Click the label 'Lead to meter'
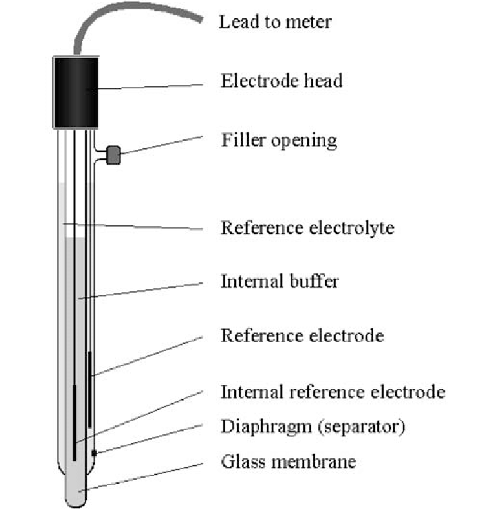pos(275,22)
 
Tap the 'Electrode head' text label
pos(281,81)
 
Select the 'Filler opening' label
pos(279,140)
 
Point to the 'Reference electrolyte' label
pos(307,228)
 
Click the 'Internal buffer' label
pos(279,281)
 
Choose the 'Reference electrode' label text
pos(302,335)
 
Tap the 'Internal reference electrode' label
pos(332,391)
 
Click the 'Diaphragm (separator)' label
pos(313,427)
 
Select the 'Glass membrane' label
pos(288,462)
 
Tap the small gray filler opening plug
pos(114,156)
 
